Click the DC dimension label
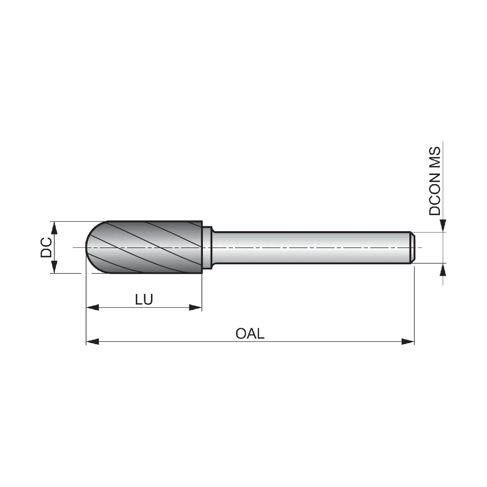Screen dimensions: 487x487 click(x=46, y=247)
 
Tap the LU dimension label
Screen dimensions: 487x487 click(x=144, y=299)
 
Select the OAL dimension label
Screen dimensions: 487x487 click(x=250, y=333)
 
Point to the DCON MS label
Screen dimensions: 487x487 click(x=435, y=181)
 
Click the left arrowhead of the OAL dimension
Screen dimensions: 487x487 click(x=93, y=342)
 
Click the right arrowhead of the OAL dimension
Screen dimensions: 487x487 click(x=408, y=342)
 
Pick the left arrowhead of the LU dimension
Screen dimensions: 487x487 click(x=93, y=307)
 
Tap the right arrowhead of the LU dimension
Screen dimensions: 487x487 click(x=195, y=307)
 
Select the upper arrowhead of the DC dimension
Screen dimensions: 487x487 click(x=55, y=228)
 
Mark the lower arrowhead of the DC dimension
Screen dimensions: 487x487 click(x=55, y=267)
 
